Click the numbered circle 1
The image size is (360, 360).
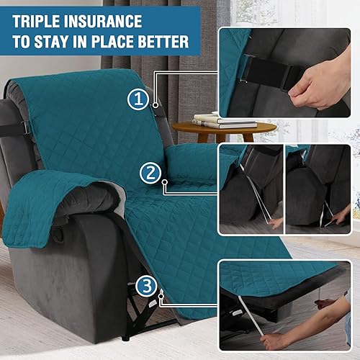pyautogui.click(x=138, y=100)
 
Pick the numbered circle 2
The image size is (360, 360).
pyautogui.click(x=150, y=173)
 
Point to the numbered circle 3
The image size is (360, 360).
pyautogui.click(x=147, y=286)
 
